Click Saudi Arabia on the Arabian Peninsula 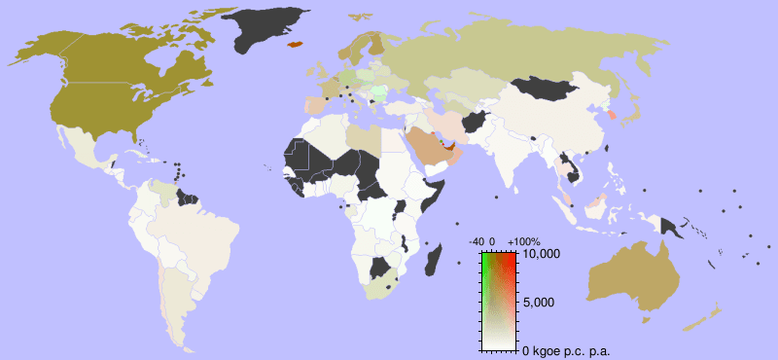tap(428, 147)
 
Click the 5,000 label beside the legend tap(539, 303)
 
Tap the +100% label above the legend tap(524, 241)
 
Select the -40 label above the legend tap(476, 241)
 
